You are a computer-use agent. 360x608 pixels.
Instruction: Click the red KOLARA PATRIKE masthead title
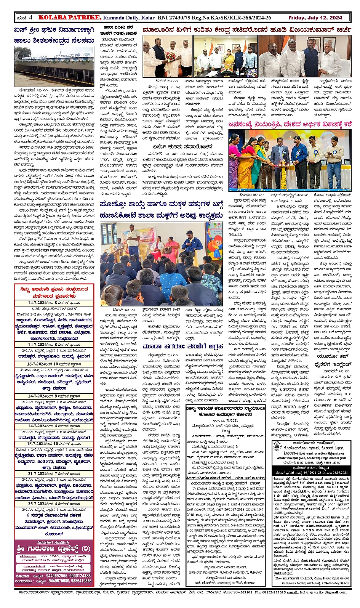(x=70, y=18)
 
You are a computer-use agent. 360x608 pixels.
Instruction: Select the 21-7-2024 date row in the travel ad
(x=54, y=473)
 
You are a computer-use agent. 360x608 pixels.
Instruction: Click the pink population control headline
(x=290, y=124)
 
